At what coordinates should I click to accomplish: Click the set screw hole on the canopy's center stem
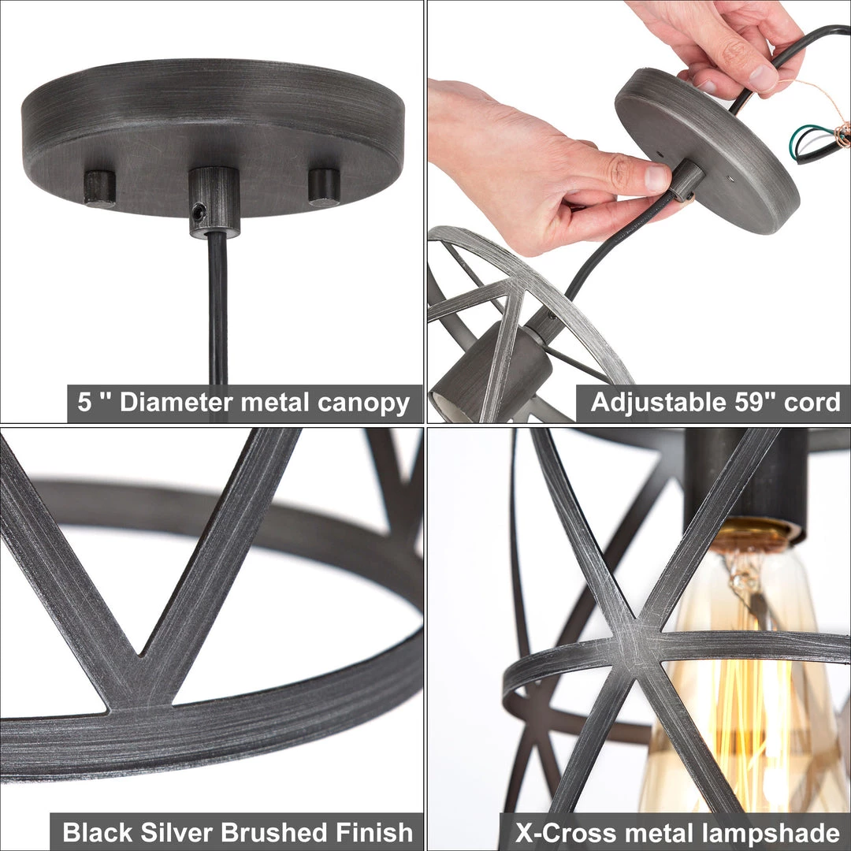tap(199, 211)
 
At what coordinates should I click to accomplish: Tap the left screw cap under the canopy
tap(100, 188)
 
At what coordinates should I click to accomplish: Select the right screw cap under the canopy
tap(324, 186)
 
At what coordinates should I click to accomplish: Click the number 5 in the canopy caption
tap(84, 403)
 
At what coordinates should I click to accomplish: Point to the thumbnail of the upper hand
tap(762, 76)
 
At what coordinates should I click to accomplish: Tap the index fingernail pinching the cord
tap(656, 177)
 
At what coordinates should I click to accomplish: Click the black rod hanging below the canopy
tap(217, 307)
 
